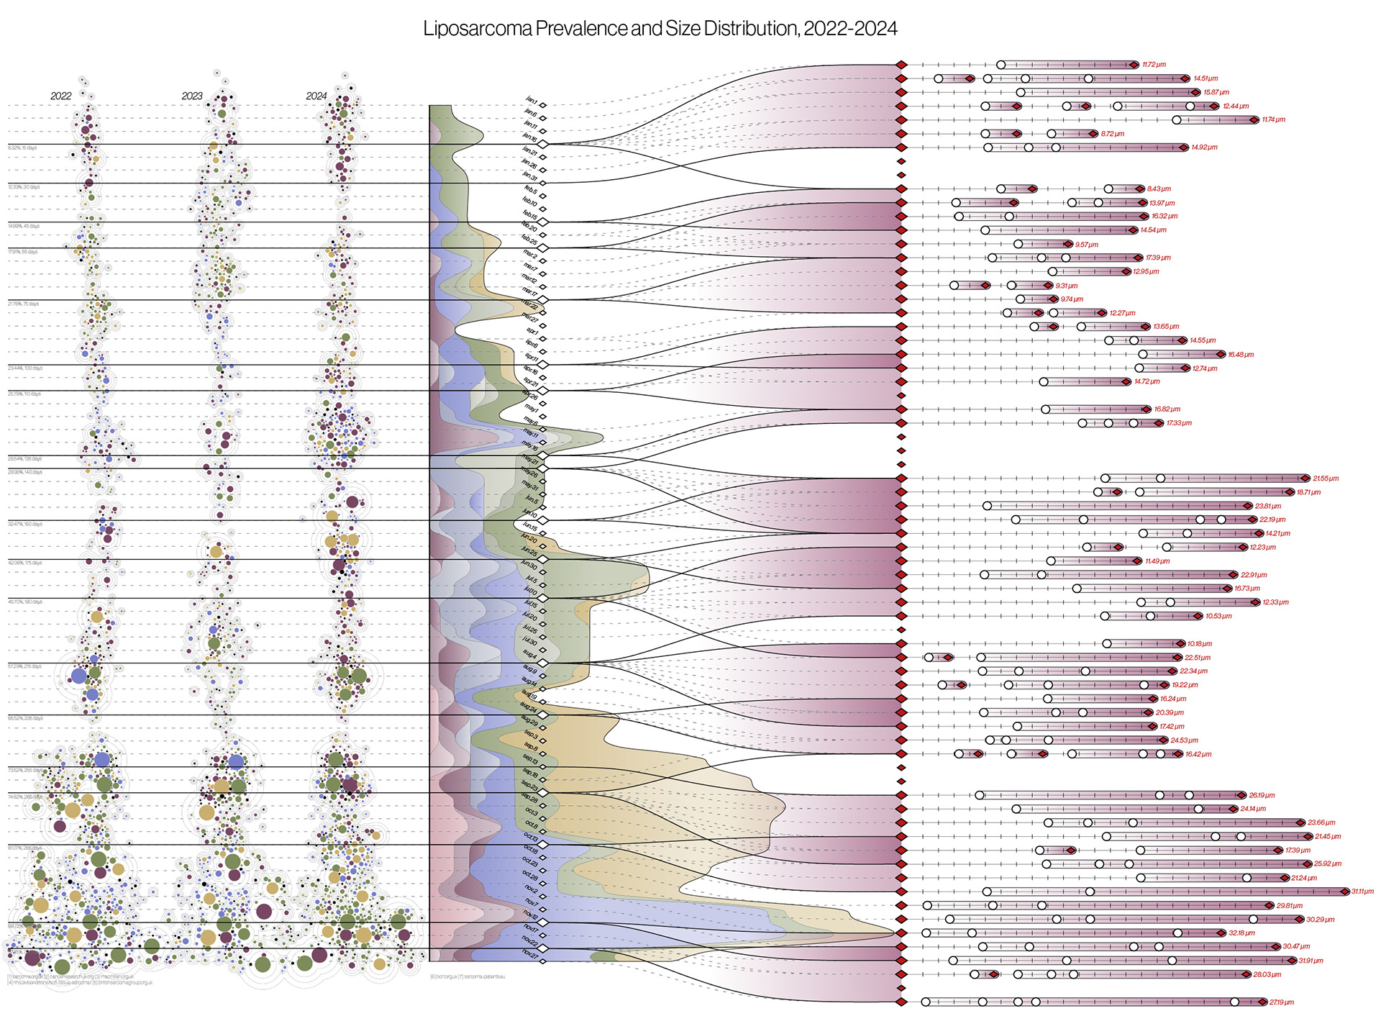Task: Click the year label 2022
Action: tap(61, 96)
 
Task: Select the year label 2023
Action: tap(192, 96)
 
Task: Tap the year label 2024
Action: tap(316, 96)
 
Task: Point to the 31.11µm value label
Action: tap(1362, 892)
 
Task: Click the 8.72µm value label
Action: tap(1112, 134)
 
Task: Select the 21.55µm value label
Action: tap(1326, 478)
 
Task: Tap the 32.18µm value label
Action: tap(1241, 933)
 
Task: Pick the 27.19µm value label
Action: tap(1282, 1002)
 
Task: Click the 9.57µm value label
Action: tap(1087, 245)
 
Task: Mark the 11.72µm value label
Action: tap(1154, 65)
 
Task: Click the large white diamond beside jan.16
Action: tap(544, 145)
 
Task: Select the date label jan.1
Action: tap(532, 100)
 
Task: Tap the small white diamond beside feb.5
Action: tap(543, 196)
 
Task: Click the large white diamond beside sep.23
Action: tap(544, 792)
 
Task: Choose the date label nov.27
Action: tap(530, 953)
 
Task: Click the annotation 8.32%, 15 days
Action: tap(22, 148)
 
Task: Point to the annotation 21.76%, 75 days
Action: tap(24, 304)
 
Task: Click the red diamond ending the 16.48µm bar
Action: tap(1221, 354)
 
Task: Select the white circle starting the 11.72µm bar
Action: tap(1001, 65)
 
